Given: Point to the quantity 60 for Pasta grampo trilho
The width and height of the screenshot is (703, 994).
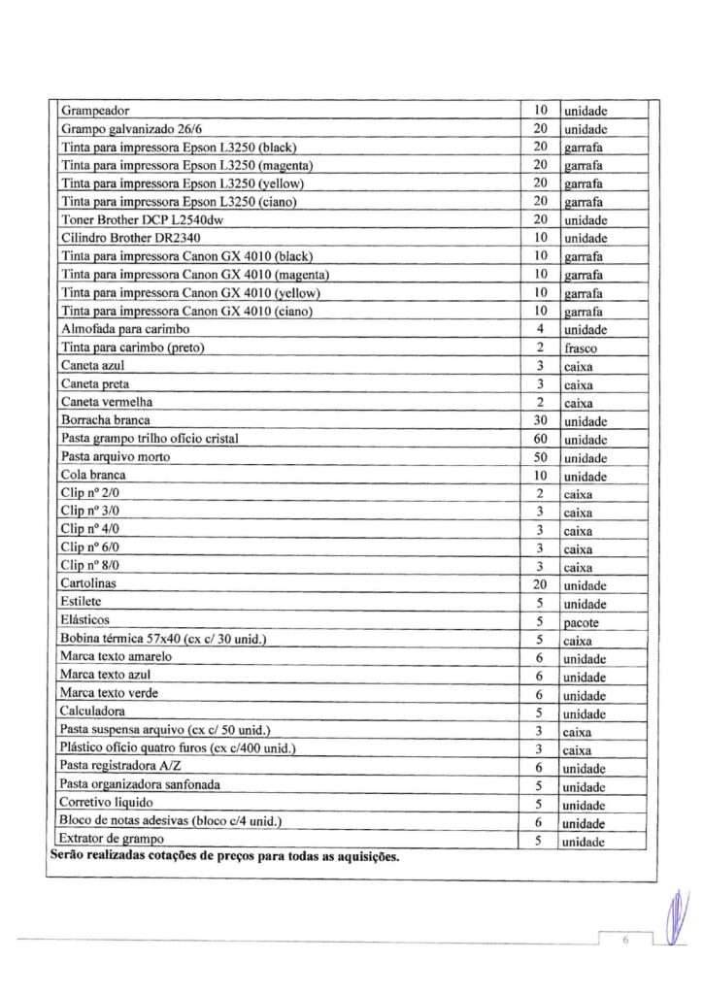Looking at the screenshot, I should click(x=542, y=440).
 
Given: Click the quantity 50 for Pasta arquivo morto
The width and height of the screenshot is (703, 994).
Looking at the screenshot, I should click(x=542, y=458).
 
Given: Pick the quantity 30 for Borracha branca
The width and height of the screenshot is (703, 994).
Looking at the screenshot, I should click(x=542, y=421).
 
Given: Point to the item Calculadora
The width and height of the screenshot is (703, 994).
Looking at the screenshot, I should click(x=94, y=712).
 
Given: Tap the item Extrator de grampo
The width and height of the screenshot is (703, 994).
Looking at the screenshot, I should click(x=112, y=840).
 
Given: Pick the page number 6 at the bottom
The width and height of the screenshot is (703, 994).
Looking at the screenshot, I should click(x=627, y=941).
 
